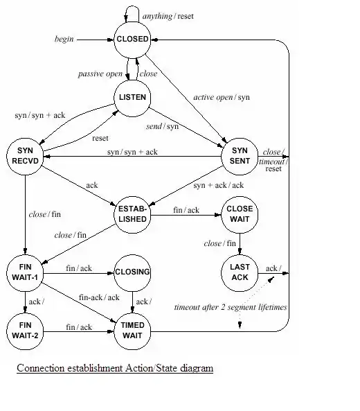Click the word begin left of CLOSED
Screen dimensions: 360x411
click(x=64, y=39)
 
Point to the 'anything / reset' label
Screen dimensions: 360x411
click(x=168, y=16)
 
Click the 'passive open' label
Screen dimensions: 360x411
click(x=100, y=74)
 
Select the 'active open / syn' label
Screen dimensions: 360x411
click(x=222, y=98)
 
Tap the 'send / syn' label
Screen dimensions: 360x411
click(x=162, y=127)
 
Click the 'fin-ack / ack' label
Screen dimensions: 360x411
click(x=99, y=297)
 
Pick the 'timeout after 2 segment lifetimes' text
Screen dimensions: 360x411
click(x=231, y=307)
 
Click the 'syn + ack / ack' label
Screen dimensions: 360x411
click(x=219, y=185)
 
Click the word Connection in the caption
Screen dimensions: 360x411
click(x=42, y=368)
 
